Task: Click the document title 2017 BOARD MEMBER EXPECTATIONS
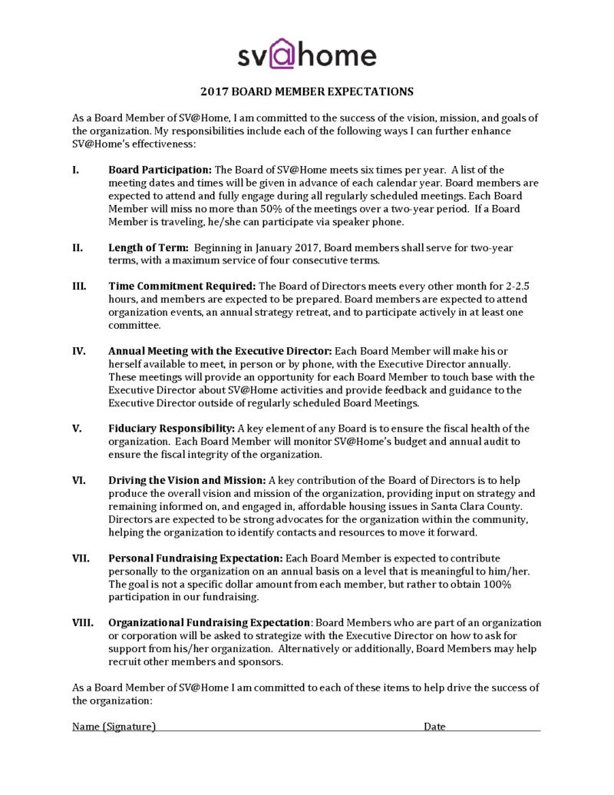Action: point(307,91)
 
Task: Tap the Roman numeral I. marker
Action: point(76,169)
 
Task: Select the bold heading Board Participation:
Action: point(160,169)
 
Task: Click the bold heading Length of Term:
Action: point(149,247)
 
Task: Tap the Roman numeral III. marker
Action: point(78,286)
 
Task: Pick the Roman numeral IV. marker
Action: point(79,350)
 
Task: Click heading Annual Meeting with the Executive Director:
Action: point(220,350)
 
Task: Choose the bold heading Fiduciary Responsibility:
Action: point(172,428)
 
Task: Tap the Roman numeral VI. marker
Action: point(79,479)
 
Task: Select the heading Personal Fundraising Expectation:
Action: point(196,558)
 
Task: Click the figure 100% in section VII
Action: point(496,584)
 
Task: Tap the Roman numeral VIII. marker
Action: point(83,622)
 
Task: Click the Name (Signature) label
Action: point(114,726)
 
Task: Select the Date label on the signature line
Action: point(434,726)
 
